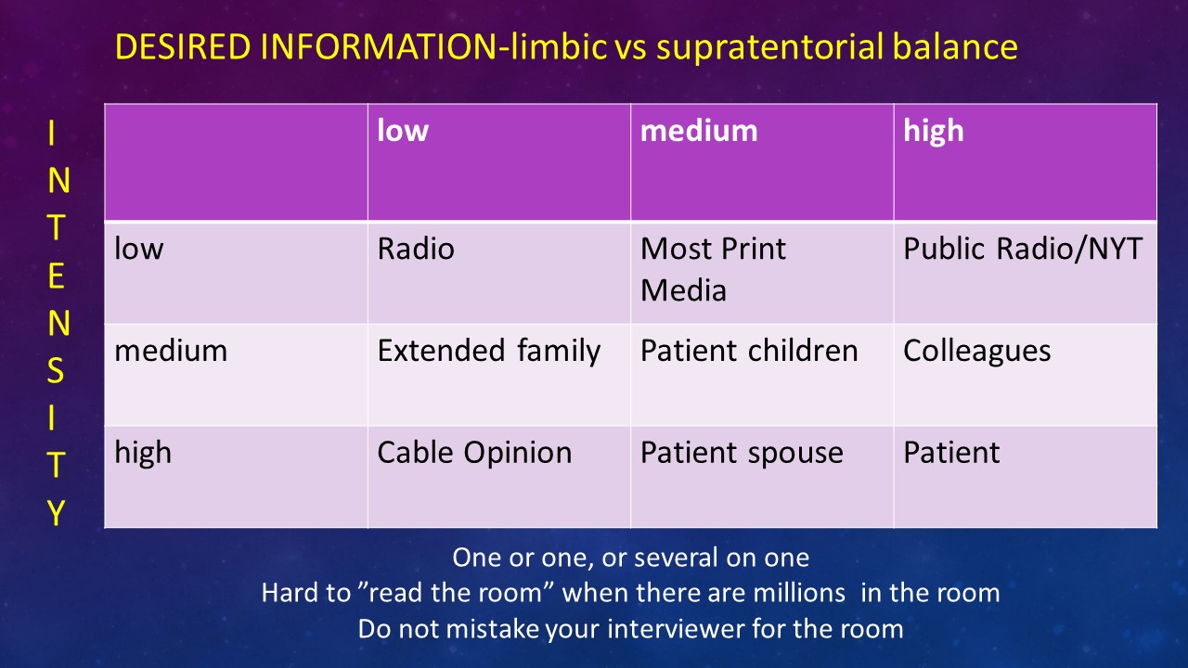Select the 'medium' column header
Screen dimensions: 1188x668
[699, 131]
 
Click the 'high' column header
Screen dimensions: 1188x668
[934, 131]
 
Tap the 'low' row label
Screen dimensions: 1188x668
[138, 249]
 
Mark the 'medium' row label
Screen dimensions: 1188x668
[171, 351]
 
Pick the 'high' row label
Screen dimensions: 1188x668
[143, 453]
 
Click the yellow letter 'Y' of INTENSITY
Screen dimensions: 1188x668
[56, 512]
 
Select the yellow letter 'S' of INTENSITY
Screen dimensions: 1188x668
[56, 371]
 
